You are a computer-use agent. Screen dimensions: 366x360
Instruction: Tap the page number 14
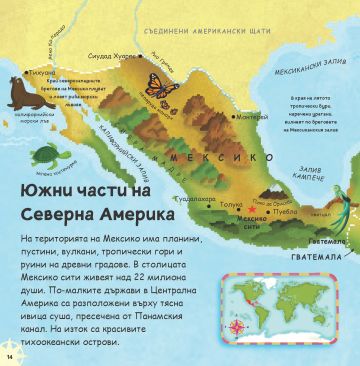[10, 353]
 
